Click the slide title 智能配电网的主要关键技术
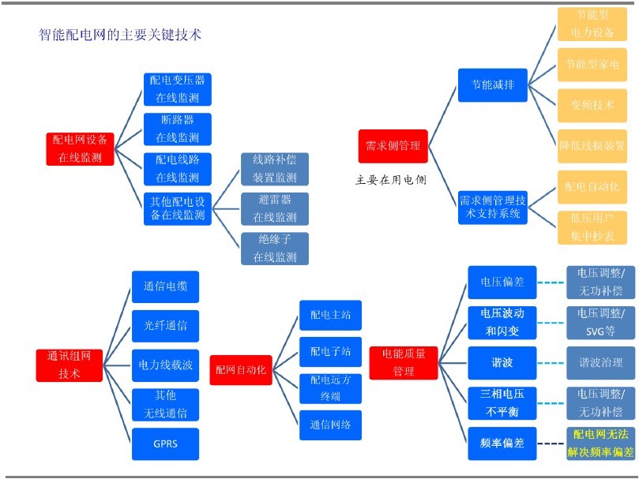coord(121,35)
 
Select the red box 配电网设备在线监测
coord(80,148)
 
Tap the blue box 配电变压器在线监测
coord(177,89)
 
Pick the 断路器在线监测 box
coord(177,129)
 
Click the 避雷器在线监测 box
coord(274,208)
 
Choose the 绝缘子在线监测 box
coord(274,248)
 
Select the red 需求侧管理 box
coord(393,146)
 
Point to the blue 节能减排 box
coord(492,84)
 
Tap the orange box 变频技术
coord(592,105)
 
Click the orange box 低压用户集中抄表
coord(592,227)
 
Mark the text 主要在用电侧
coord(391,180)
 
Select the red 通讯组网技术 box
coord(70,365)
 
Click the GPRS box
coord(165,443)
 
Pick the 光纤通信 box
coord(165,326)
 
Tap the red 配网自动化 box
coord(242,369)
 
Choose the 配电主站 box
coord(329,315)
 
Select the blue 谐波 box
coord(502,363)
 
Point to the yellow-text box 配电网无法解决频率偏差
coord(600,443)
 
